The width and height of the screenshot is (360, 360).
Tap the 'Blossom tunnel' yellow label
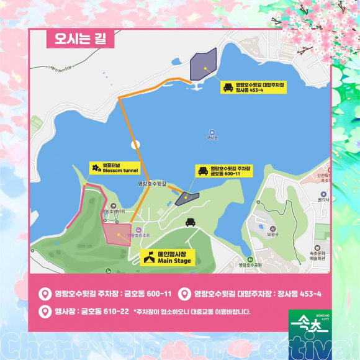pos(112,168)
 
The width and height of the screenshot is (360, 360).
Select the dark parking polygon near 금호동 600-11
pos(186,197)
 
